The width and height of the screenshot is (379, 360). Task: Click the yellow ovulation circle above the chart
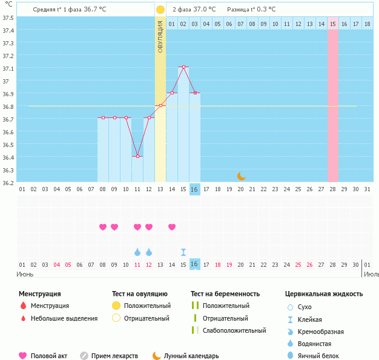click(x=160, y=10)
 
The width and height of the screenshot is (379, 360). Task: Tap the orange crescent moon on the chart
click(x=241, y=175)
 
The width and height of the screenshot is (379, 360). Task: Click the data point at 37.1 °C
click(x=183, y=67)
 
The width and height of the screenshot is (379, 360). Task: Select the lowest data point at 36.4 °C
click(x=137, y=156)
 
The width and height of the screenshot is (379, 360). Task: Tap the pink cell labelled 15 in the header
click(x=333, y=24)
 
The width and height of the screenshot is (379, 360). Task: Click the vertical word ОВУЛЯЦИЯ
click(x=160, y=37)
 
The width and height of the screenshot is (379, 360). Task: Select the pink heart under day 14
click(x=172, y=227)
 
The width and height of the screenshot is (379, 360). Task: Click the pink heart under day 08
click(x=103, y=227)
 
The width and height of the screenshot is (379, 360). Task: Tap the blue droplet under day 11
click(x=137, y=252)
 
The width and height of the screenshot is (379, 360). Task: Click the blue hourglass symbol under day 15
click(x=183, y=252)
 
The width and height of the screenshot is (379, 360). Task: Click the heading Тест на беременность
click(x=225, y=294)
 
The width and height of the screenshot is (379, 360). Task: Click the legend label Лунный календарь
click(x=192, y=356)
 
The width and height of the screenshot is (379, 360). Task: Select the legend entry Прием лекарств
click(x=114, y=356)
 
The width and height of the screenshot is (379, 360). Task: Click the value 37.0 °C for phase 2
click(x=205, y=10)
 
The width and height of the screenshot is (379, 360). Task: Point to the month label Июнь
click(x=25, y=273)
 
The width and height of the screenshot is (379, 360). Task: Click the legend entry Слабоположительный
click(x=234, y=330)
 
